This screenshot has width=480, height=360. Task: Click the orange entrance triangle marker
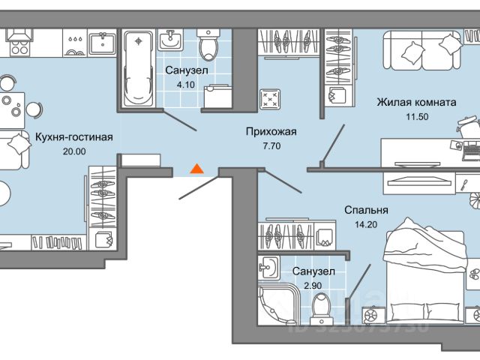click(x=196, y=168)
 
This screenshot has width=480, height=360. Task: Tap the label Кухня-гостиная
click(x=74, y=137)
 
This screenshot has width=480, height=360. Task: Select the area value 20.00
click(x=74, y=151)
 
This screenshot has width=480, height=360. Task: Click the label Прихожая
click(x=271, y=132)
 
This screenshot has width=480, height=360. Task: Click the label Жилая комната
click(x=416, y=102)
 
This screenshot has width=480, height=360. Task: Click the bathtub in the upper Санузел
click(x=136, y=68)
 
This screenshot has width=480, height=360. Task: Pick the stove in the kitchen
click(x=18, y=43)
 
